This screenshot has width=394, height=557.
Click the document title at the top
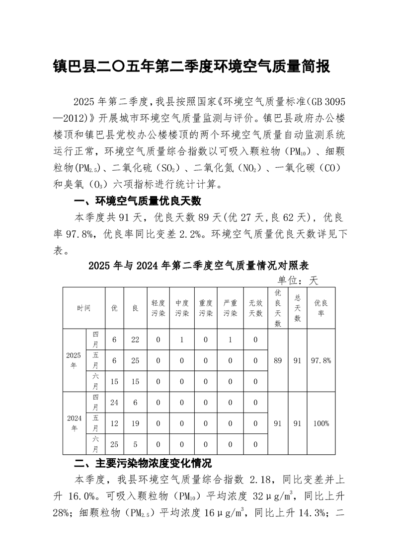pyautogui.click(x=191, y=67)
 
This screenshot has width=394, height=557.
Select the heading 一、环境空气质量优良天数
pyautogui.click(x=137, y=201)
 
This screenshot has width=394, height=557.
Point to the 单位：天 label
pyautogui.click(x=298, y=280)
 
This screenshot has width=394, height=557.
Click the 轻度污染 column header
pyautogui.click(x=158, y=308)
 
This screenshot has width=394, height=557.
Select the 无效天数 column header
pyautogui.click(x=255, y=308)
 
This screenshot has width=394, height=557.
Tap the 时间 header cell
pyautogui.click(x=84, y=308)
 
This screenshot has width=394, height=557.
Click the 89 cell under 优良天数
pyautogui.click(x=278, y=360)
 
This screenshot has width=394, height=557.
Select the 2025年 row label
pyautogui.click(x=74, y=360)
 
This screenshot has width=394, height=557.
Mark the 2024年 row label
pyautogui.click(x=74, y=423)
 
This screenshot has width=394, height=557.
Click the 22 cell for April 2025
pyautogui.click(x=135, y=340)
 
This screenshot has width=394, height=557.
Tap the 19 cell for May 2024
pyautogui.click(x=135, y=423)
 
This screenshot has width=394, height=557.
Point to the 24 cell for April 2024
pyautogui.click(x=114, y=403)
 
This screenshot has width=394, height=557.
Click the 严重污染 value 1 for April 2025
pyautogui.click(x=231, y=340)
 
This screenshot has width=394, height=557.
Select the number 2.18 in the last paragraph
pyautogui.click(x=261, y=480)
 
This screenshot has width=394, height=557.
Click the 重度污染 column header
pyautogui.click(x=206, y=308)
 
